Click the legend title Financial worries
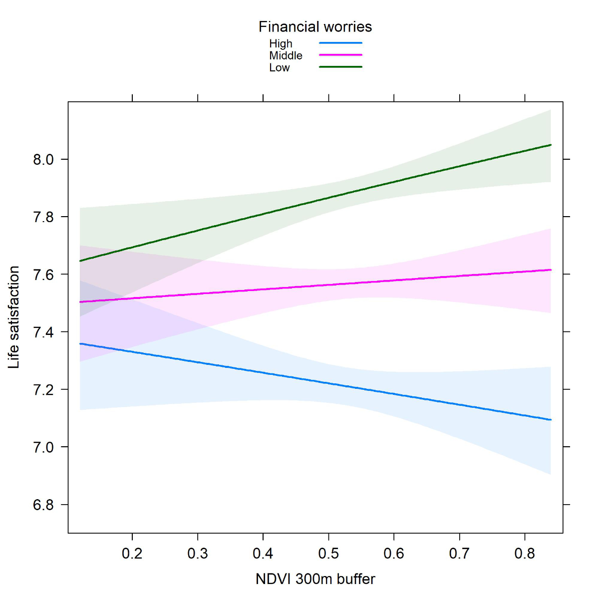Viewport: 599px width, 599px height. click(x=315, y=27)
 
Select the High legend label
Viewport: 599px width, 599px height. click(x=281, y=44)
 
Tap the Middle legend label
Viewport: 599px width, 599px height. click(x=286, y=55)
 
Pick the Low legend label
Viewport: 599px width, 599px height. click(x=279, y=68)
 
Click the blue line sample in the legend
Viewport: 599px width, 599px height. click(x=340, y=43)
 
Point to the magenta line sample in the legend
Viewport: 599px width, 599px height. click(x=340, y=55)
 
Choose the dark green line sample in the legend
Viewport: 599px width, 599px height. click(x=340, y=67)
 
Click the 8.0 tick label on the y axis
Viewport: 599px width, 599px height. click(x=43, y=160)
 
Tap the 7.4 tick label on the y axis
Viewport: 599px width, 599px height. click(x=43, y=332)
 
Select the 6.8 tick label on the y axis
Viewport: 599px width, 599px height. click(x=43, y=505)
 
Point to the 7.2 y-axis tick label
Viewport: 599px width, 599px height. click(x=43, y=389)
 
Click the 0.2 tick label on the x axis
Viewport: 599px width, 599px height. click(x=132, y=554)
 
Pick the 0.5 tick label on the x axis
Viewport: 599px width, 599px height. click(x=328, y=554)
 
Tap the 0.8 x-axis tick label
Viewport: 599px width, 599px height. click(x=525, y=554)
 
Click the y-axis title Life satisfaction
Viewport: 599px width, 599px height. click(x=14, y=317)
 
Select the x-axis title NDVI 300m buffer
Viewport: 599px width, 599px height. click(x=315, y=579)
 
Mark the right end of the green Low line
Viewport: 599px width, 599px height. click(x=551, y=145)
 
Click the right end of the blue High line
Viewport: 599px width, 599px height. click(x=551, y=420)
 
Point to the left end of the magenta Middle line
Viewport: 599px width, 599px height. click(x=80, y=302)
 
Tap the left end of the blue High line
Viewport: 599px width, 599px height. click(x=80, y=343)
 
